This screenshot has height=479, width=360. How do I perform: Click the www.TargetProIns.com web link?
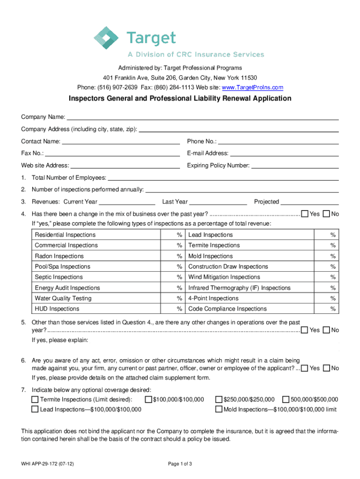(252, 87)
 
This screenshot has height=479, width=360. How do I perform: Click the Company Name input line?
(202, 117)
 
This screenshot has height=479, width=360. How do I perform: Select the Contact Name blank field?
(121, 141)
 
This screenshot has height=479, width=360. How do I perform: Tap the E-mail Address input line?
(284, 153)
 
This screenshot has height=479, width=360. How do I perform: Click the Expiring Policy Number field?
(295, 165)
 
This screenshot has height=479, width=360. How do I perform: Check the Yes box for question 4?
(305, 214)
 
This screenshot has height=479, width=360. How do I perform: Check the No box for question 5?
(326, 330)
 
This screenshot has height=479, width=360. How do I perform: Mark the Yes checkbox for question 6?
(305, 369)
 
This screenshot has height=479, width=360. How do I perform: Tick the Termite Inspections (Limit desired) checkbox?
(35, 399)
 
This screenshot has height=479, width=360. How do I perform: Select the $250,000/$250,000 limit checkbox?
(218, 399)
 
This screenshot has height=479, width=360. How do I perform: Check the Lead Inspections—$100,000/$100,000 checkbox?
(35, 409)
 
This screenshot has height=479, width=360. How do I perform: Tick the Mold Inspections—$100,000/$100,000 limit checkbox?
(218, 409)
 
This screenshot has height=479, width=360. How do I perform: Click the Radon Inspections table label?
(59, 256)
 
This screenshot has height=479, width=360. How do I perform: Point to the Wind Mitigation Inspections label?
(224, 277)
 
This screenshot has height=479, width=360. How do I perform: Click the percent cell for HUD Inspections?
(179, 309)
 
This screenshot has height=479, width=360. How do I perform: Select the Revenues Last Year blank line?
(218, 202)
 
